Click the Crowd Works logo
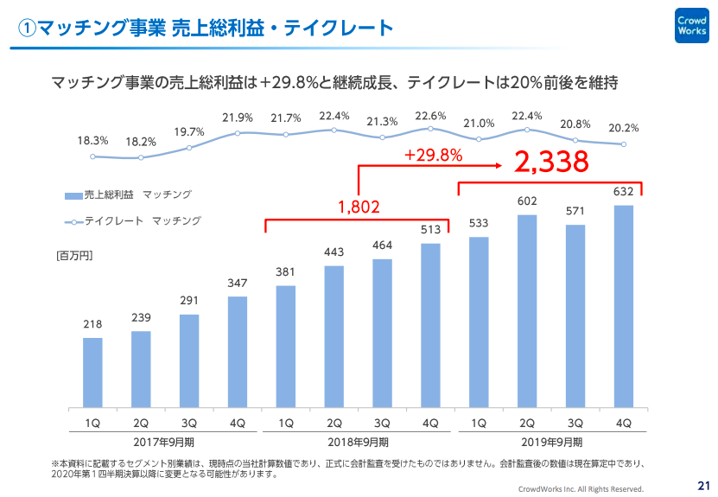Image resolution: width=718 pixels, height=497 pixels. pyautogui.click(x=692, y=25)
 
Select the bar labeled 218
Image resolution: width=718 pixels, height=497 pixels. pyautogui.click(x=93, y=372)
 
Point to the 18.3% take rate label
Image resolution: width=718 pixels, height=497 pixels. pyautogui.click(x=92, y=140)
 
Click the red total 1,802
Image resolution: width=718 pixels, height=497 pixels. pyautogui.click(x=359, y=207)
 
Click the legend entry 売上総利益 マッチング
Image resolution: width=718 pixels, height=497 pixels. pyautogui.click(x=127, y=194)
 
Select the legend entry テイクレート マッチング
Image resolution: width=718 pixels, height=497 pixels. pyautogui.click(x=132, y=221)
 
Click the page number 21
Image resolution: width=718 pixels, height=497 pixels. pyautogui.click(x=702, y=485)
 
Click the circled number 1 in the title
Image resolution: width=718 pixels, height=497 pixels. pyautogui.click(x=27, y=29)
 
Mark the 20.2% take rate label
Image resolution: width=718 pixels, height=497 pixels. pyautogui.click(x=623, y=128)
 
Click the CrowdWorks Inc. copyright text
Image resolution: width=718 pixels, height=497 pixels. pyautogui.click(x=581, y=488)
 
